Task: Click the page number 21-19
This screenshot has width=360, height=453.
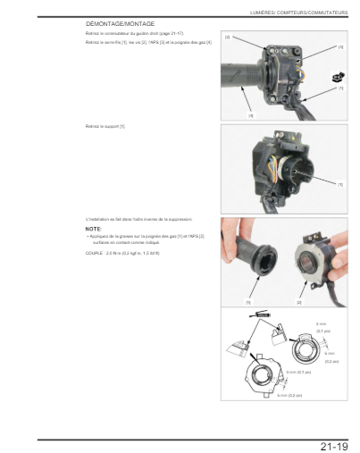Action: [334, 444]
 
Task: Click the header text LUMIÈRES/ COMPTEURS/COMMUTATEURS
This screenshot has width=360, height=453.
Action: [299, 11]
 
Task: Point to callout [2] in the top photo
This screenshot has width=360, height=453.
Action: [227, 38]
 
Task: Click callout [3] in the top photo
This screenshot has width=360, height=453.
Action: [339, 46]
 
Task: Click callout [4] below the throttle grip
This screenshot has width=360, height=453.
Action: [250, 114]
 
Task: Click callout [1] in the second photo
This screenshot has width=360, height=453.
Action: [339, 184]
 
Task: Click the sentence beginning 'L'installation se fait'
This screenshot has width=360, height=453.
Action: [138, 219]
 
